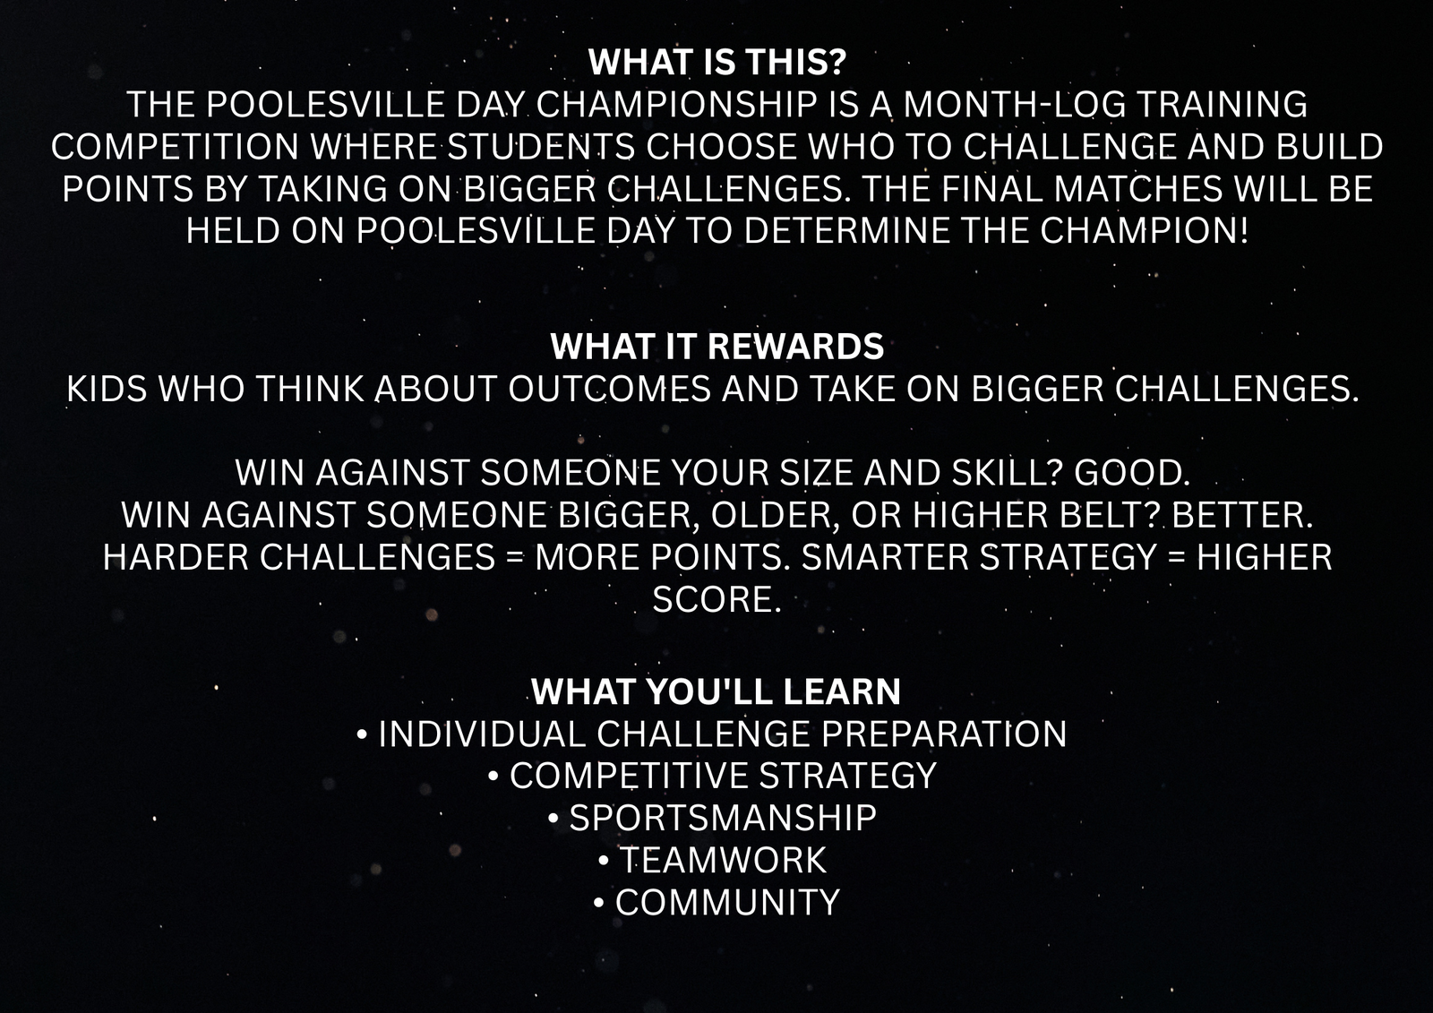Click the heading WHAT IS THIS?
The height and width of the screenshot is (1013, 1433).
[717, 62]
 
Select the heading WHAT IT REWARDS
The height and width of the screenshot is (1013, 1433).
[716, 347]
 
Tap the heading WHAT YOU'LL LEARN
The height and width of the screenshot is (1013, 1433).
[716, 691]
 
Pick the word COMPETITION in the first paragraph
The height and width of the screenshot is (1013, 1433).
[176, 147]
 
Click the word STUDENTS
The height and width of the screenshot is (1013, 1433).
[541, 147]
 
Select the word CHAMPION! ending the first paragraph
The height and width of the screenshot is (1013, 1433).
[1144, 230]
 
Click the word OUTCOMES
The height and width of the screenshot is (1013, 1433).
[609, 389]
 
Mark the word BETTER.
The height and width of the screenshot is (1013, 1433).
[1242, 515]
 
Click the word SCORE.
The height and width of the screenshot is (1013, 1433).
[716, 599]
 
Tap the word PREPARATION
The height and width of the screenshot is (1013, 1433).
[944, 734]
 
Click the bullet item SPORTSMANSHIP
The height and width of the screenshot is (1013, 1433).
[723, 818]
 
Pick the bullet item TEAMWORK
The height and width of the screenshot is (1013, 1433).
[723, 860]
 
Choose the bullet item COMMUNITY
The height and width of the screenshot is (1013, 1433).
[727, 902]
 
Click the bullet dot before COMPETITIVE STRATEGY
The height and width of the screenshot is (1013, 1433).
[493, 777]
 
